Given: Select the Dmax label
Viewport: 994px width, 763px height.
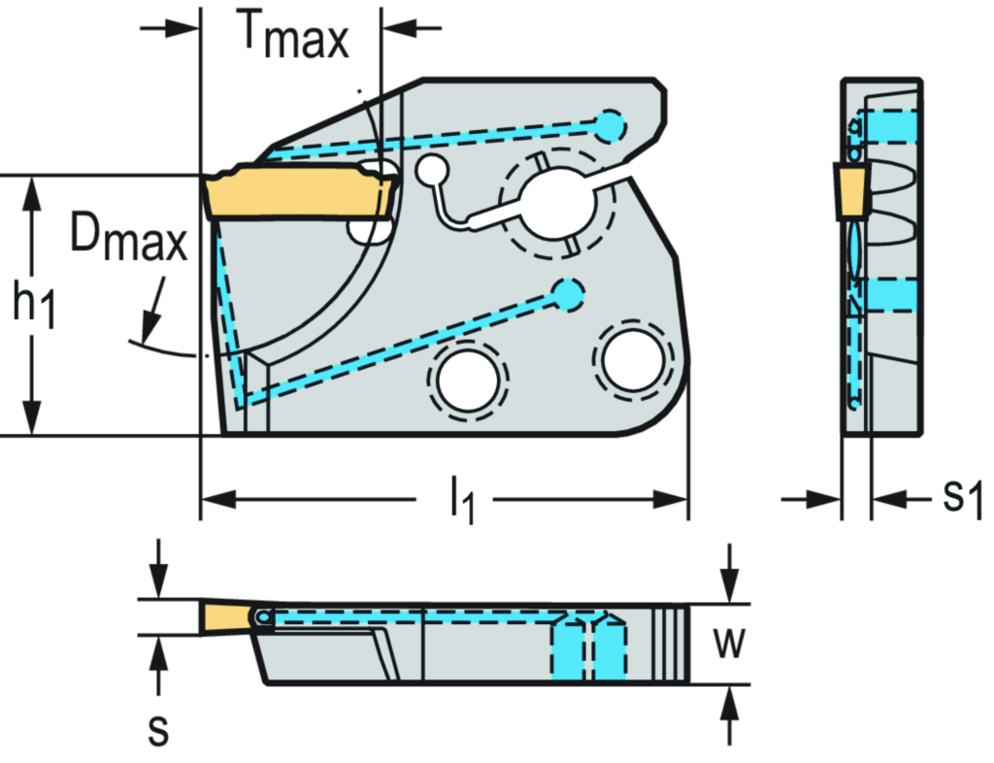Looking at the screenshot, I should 128,238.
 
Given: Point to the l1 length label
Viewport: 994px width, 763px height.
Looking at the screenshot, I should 464,501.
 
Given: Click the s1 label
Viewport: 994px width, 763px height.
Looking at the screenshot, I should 963,498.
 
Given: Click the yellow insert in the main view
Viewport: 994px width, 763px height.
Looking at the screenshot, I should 296,194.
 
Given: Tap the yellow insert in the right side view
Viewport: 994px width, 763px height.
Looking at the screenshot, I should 853,189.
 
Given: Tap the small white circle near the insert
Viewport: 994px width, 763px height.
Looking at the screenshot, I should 430,172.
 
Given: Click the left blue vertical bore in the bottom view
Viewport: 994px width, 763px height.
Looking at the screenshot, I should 571,648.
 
